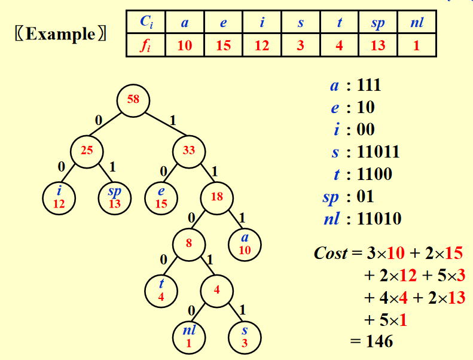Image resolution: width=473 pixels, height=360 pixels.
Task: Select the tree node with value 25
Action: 87,151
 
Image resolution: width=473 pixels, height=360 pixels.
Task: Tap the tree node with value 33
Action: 189,151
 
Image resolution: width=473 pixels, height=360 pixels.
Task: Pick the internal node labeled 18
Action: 216,196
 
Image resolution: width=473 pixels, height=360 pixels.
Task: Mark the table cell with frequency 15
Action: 223,45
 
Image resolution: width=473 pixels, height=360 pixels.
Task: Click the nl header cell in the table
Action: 417,23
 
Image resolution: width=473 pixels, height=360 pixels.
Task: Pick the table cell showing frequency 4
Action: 339,45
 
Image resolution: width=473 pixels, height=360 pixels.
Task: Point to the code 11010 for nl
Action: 379,219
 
